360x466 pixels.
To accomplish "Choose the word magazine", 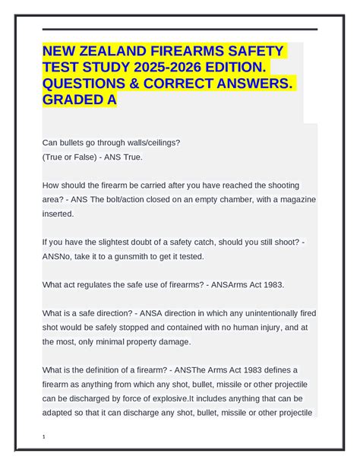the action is click(x=292, y=199).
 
